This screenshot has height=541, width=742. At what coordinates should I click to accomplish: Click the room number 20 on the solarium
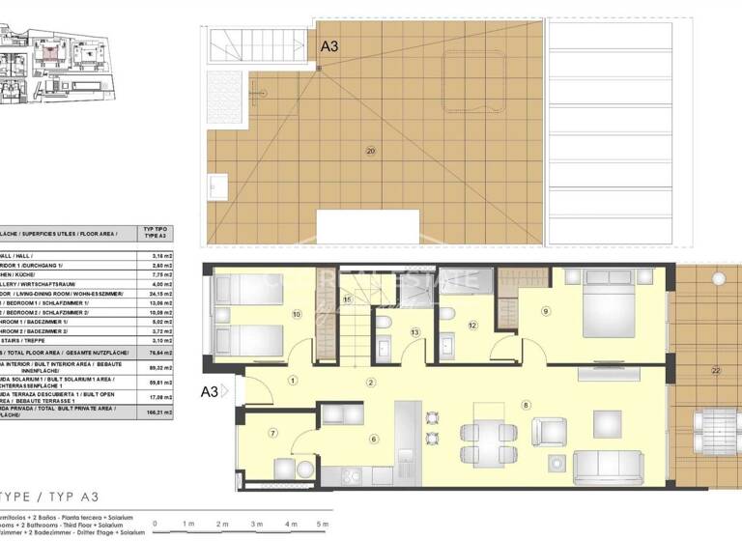(370, 150)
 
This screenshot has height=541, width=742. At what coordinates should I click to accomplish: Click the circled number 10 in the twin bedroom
(296, 314)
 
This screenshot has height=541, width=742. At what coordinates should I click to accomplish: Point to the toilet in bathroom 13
(385, 324)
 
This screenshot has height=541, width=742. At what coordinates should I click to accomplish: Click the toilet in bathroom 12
(446, 314)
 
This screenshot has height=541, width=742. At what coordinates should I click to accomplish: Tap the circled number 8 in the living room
(527, 404)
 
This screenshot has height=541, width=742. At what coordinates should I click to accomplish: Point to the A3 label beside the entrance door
(209, 391)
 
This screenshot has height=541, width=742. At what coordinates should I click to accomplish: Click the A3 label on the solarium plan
(330, 44)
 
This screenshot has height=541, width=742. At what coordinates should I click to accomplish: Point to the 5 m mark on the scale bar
(321, 523)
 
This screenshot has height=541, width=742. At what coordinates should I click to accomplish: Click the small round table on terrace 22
(717, 278)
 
